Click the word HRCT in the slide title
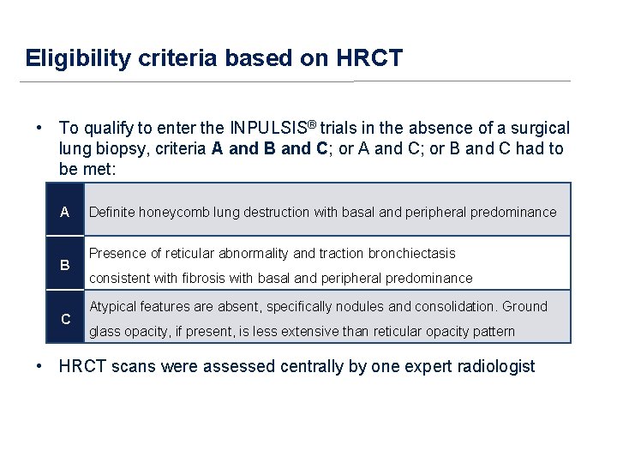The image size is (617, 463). coord(369,58)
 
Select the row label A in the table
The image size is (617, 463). coord(65,212)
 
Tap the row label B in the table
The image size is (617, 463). coord(65,265)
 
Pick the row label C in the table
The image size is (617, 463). coord(65,319)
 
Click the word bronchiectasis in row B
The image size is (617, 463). coord(411,253)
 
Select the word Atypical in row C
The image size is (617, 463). coord(112,306)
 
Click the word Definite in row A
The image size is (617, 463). coord(112,212)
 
